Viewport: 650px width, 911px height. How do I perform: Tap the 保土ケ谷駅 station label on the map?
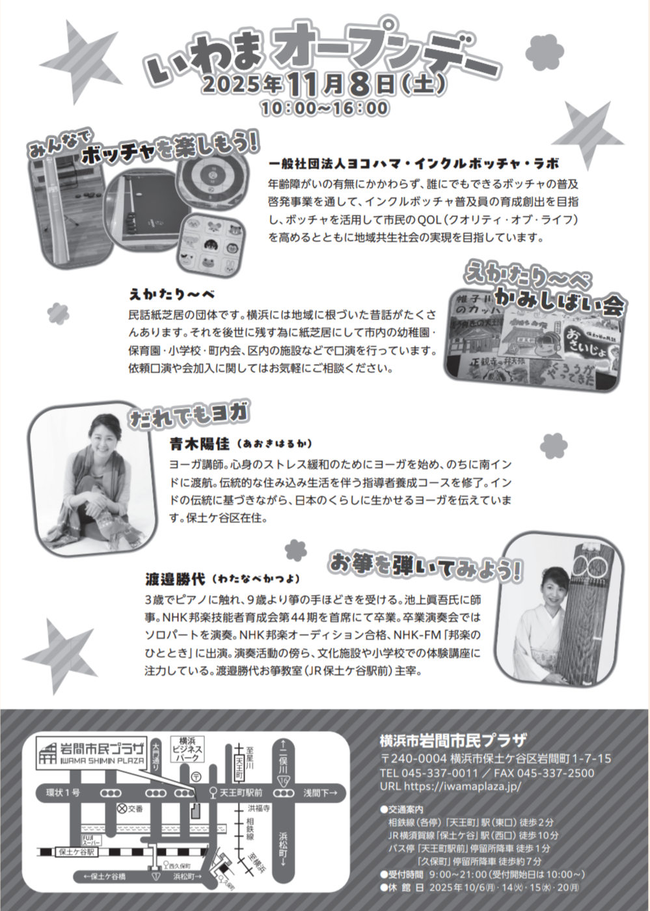[77, 852]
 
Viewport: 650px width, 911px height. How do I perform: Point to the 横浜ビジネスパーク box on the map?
[187, 750]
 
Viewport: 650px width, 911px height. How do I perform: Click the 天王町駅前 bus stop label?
[241, 793]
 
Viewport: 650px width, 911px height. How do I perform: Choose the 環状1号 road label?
[63, 793]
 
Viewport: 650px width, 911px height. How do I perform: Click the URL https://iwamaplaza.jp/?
[450, 787]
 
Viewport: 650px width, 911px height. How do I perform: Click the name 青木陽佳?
[199, 444]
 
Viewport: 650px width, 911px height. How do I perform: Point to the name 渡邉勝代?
[175, 579]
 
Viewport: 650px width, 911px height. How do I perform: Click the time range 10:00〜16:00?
[325, 108]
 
